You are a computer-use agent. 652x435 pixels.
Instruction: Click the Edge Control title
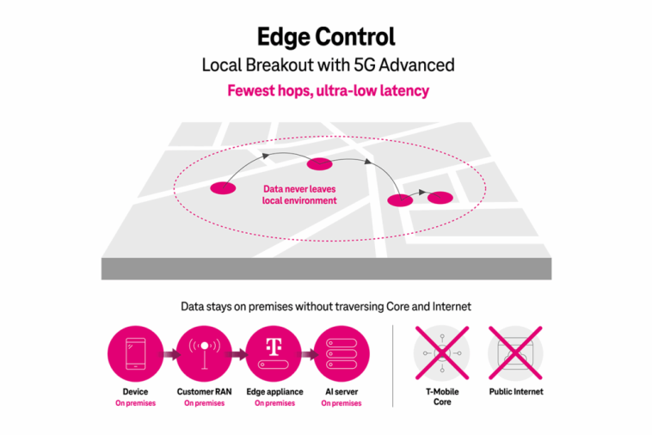click(x=326, y=37)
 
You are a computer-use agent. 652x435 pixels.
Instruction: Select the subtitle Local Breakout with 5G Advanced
click(x=326, y=64)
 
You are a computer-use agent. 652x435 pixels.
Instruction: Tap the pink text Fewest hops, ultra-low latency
click(x=326, y=90)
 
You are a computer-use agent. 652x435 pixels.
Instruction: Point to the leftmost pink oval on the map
click(x=222, y=187)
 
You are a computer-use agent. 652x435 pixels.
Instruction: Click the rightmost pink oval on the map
click(x=440, y=198)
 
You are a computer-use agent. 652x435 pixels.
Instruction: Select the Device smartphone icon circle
click(x=135, y=353)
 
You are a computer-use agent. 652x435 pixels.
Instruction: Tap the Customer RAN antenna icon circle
click(x=204, y=353)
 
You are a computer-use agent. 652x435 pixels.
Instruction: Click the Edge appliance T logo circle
click(x=274, y=353)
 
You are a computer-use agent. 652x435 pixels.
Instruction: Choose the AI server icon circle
click(x=341, y=353)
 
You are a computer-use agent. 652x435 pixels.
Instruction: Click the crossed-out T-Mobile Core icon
click(x=441, y=353)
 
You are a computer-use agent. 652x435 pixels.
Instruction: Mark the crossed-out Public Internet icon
click(x=515, y=353)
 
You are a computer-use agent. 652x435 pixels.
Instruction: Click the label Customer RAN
click(x=204, y=392)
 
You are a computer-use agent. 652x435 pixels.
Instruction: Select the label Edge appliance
click(x=274, y=392)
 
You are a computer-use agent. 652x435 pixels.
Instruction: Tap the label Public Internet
click(x=515, y=392)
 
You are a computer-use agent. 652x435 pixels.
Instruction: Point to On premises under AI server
click(x=341, y=403)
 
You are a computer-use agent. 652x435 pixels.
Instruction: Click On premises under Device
click(x=135, y=403)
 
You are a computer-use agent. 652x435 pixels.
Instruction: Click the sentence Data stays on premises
click(x=326, y=306)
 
